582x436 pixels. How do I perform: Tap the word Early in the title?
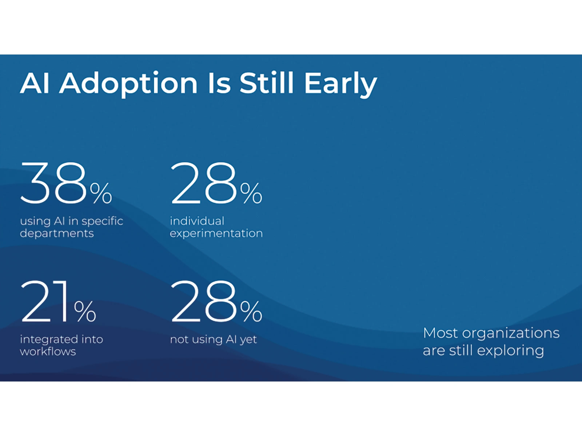tap(340, 83)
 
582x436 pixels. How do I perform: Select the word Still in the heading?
tap(267, 83)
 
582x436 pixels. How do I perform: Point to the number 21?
tap(45, 301)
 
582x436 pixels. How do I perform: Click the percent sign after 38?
tap(101, 193)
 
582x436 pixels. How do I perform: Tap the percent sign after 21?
tap(85, 311)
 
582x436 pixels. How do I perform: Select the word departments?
tap(57, 233)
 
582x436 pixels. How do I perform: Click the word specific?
tap(102, 221)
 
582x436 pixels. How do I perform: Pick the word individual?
tap(197, 221)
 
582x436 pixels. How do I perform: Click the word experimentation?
tap(216, 233)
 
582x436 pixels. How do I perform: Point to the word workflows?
tap(48, 352)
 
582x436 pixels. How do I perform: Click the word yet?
tap(248, 340)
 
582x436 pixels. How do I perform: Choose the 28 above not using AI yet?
tap(203, 301)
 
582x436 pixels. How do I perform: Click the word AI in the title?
tap(35, 83)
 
